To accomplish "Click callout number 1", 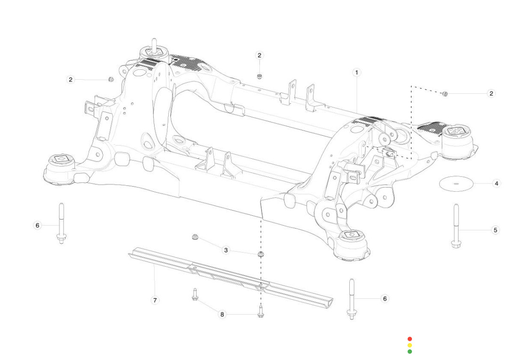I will tap(357, 73).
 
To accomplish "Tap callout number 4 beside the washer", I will tap(496, 183).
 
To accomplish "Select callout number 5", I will tap(495, 230).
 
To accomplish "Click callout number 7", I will tap(154, 300).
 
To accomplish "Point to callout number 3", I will tap(226, 250).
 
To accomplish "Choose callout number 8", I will tap(222, 314).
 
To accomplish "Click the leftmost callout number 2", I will tap(71, 80).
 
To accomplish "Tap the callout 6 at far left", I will tap(37, 226).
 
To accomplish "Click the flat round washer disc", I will tap(455, 183).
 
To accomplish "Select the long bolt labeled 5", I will tap(456, 226).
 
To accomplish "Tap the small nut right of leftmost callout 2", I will tap(111, 79).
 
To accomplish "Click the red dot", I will tap(410, 339).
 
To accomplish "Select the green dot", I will tap(410, 352).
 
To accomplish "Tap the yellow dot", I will tap(410, 345).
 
